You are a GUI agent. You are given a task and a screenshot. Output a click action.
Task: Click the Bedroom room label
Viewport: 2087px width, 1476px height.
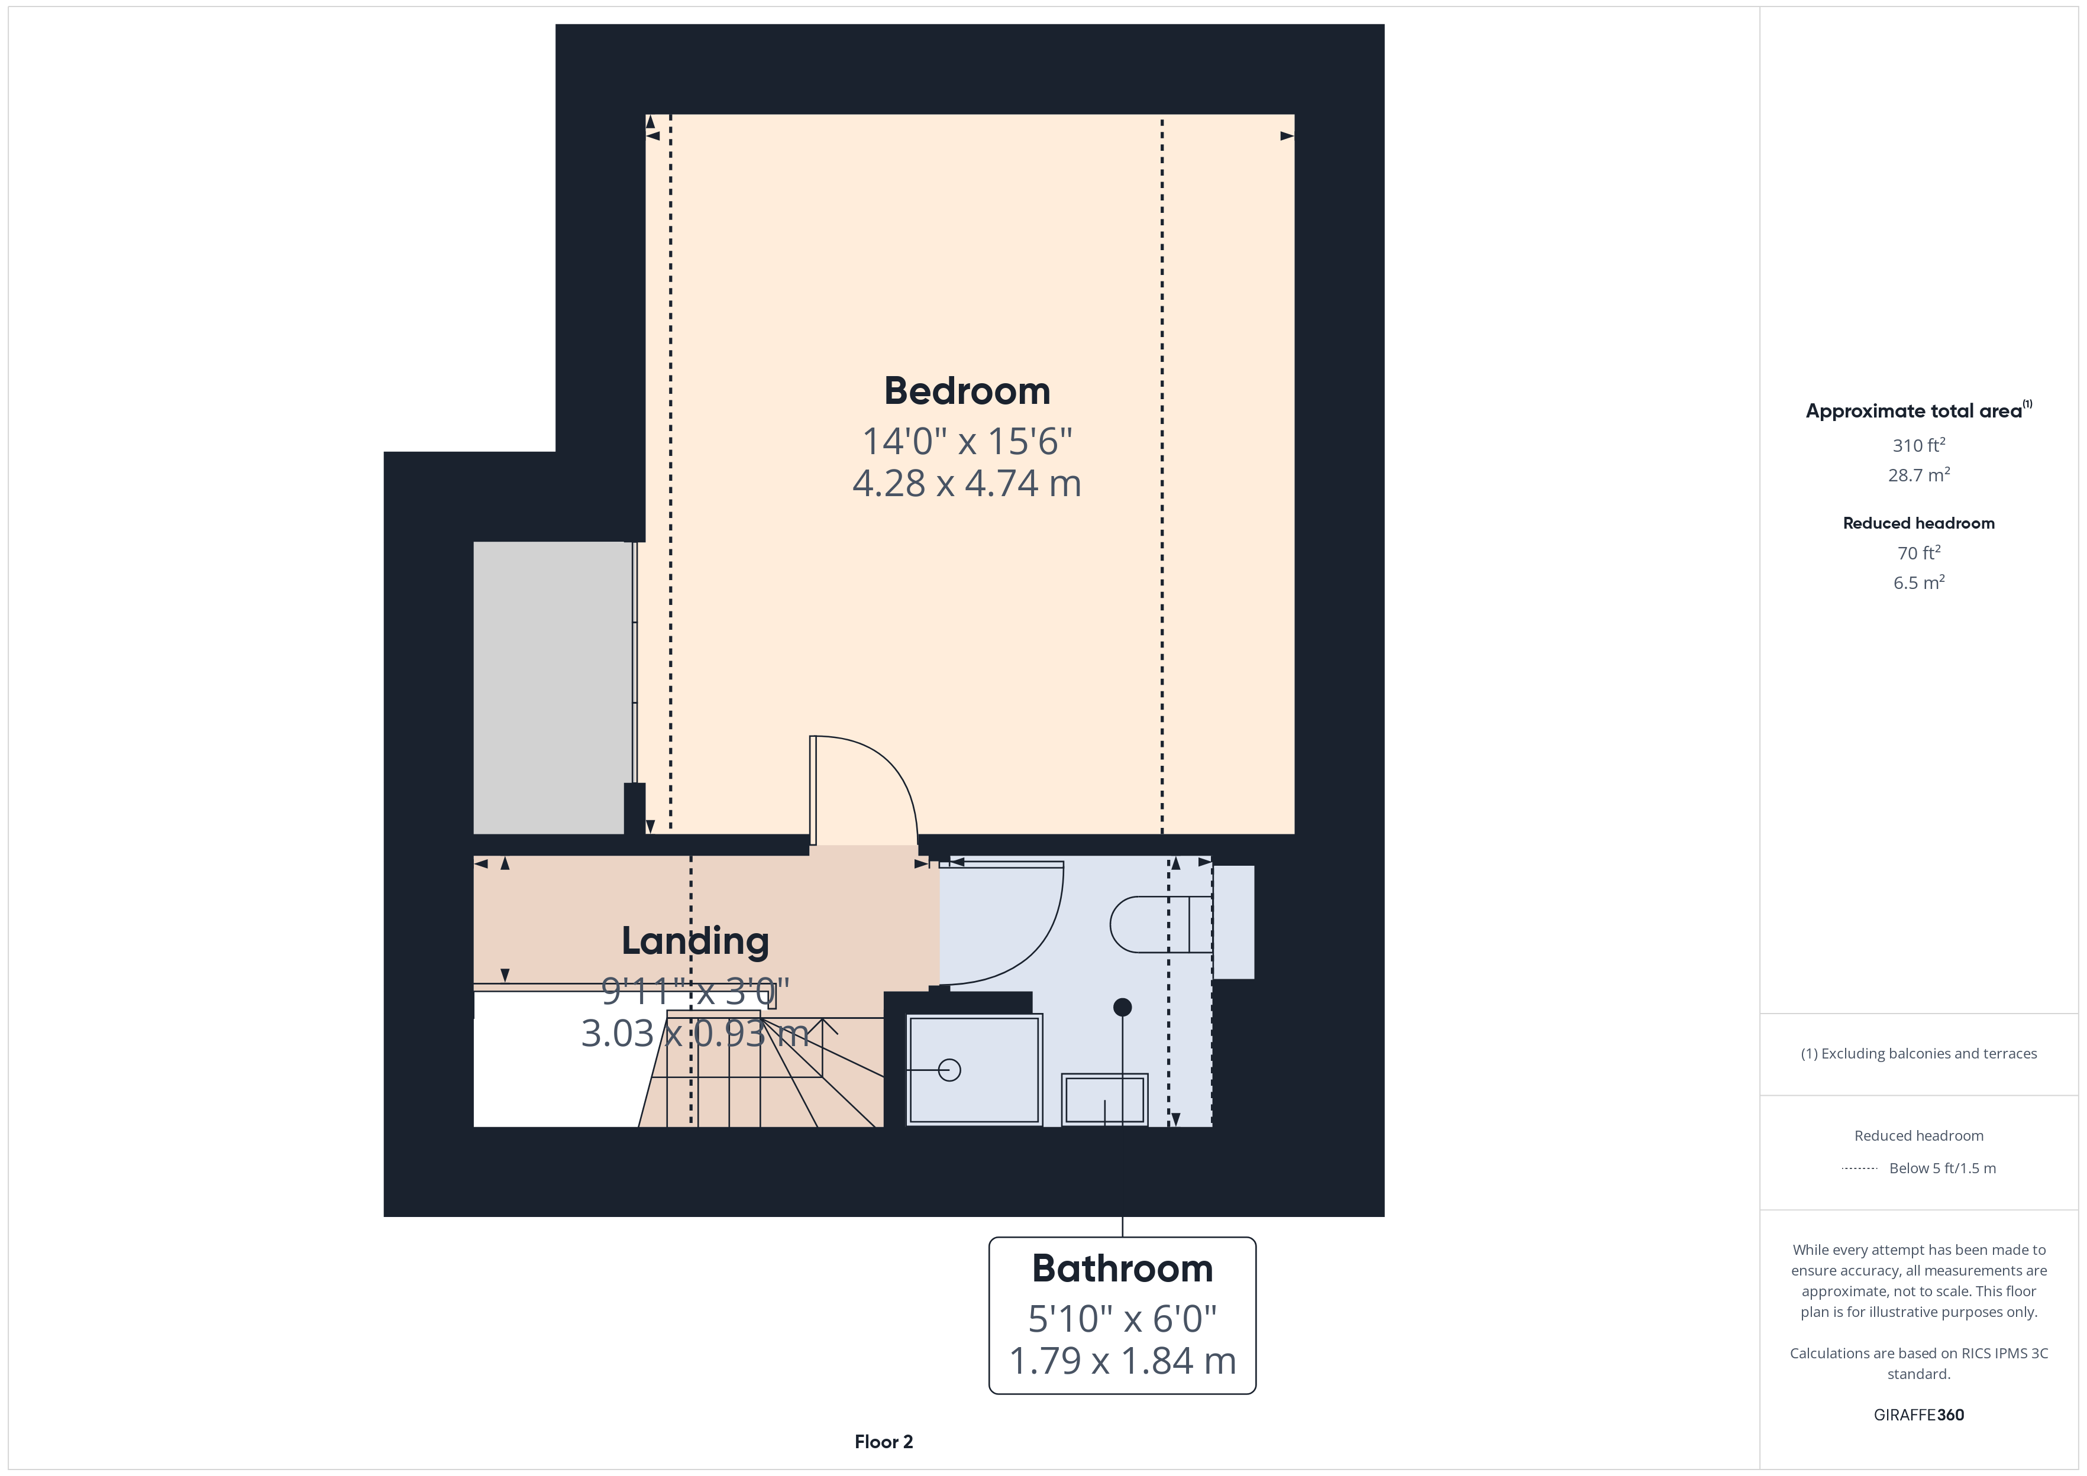point(967,391)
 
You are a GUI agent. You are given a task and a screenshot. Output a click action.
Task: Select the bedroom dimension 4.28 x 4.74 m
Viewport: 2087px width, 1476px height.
point(967,484)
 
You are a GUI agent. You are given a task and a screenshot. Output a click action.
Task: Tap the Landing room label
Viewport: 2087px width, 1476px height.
point(695,941)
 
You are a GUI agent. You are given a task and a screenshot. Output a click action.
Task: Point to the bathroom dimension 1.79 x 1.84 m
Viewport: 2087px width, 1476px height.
point(1123,1361)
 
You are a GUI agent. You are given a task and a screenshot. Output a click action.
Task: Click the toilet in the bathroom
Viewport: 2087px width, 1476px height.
point(1161,924)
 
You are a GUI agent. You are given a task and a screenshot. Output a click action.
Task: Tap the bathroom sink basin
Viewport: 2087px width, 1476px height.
point(1104,1100)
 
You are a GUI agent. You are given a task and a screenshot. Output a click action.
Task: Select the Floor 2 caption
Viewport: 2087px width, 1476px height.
point(884,1442)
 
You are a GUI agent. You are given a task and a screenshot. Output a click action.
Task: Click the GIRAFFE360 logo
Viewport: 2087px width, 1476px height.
point(1919,1415)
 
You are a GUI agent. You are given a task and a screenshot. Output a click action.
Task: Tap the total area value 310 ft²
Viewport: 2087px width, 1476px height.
point(1919,445)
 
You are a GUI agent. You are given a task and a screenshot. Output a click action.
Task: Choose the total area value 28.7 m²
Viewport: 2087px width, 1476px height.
point(1919,475)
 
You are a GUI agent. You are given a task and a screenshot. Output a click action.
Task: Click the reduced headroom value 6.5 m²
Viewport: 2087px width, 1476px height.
point(1919,582)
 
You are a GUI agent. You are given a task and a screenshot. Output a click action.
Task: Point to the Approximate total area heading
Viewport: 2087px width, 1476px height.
point(1919,411)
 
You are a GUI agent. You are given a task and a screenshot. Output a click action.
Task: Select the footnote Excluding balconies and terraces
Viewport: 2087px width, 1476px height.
point(1919,1053)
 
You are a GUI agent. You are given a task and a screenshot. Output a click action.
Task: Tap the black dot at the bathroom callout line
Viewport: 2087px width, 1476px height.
point(1123,1007)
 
